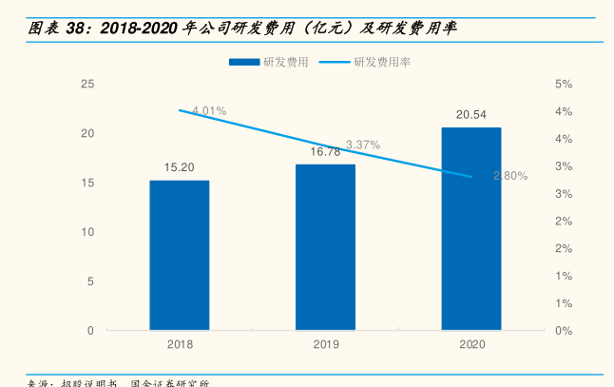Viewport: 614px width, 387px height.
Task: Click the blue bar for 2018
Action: [x=179, y=255]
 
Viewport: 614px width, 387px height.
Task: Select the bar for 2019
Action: [x=325, y=247]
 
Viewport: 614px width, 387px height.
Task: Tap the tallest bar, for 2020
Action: [x=471, y=228]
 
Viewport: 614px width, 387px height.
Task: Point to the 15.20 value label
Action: [x=179, y=167]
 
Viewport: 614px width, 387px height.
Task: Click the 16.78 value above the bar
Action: [x=325, y=151]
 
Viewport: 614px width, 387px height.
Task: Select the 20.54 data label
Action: [x=471, y=115]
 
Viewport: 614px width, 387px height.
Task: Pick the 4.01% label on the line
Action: [x=209, y=111]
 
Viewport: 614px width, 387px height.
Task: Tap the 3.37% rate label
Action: [x=363, y=145]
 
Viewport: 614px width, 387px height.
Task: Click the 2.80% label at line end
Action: [x=510, y=176]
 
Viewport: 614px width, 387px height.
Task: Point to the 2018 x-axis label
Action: [x=179, y=344]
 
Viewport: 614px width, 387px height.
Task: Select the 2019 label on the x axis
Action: [x=325, y=344]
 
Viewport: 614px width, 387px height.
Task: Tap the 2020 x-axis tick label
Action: [x=471, y=344]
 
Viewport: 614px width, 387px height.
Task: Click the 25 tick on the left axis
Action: [x=87, y=84]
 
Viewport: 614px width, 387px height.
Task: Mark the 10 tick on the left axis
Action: [x=87, y=232]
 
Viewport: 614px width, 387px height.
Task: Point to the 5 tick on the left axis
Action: [x=90, y=281]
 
